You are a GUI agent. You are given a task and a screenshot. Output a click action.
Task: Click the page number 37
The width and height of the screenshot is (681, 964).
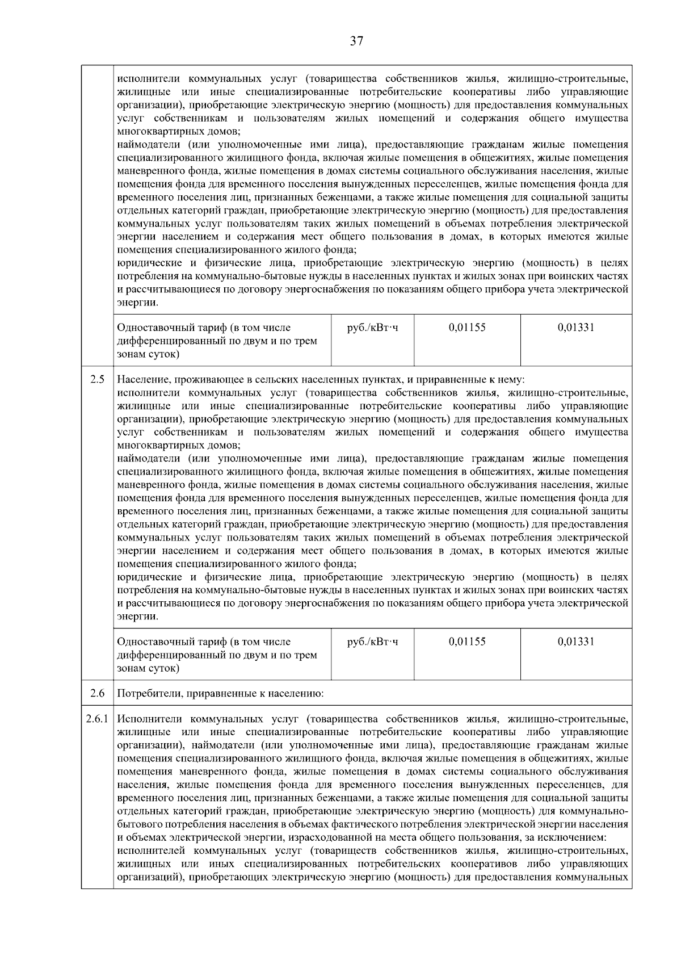click(x=356, y=41)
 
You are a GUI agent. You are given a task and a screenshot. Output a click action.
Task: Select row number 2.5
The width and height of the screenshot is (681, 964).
click(x=97, y=379)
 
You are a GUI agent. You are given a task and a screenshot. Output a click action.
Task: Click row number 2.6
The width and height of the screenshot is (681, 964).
click(x=97, y=693)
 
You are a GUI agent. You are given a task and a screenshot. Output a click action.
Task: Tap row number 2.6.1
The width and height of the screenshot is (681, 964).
click(x=97, y=719)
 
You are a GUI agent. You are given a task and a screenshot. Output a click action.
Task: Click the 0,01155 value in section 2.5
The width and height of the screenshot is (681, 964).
click(x=466, y=642)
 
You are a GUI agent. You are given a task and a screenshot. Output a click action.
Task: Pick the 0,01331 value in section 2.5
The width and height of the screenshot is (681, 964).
click(x=576, y=642)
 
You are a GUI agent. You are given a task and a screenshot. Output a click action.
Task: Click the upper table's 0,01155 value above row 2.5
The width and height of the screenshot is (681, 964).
click(x=466, y=328)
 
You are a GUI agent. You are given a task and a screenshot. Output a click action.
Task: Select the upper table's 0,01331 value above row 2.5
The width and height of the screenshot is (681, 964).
click(x=576, y=328)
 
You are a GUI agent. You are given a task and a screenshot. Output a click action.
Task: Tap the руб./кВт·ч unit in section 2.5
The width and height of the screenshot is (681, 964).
click(x=372, y=642)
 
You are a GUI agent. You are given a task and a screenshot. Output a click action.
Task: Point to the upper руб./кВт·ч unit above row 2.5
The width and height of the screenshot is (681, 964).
click(x=372, y=328)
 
